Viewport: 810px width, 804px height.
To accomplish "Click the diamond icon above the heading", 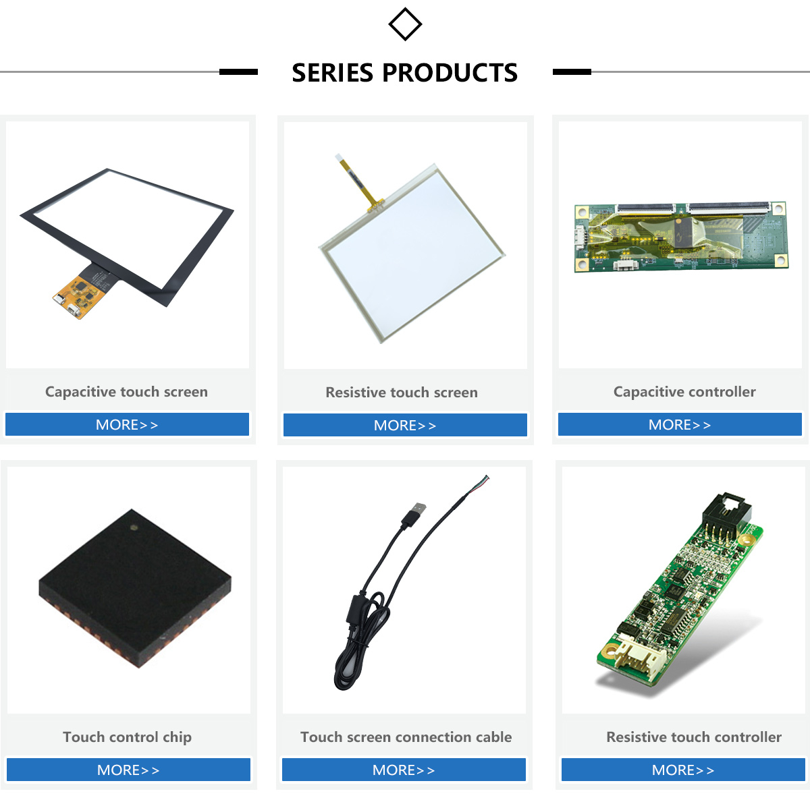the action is [405, 24].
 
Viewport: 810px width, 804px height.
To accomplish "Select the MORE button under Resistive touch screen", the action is [405, 426].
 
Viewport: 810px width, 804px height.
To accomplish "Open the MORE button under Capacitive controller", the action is [680, 425].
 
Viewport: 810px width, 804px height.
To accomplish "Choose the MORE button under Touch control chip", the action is [128, 770].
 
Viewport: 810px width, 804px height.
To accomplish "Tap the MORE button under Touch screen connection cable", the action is [404, 770].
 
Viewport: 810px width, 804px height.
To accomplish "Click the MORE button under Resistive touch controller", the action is [683, 770].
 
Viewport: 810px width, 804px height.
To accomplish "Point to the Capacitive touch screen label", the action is [126, 392].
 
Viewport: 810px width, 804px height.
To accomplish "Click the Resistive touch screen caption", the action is [402, 393].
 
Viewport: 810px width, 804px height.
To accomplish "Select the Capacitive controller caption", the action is [684, 392].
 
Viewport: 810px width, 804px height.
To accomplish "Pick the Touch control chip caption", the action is [127, 737].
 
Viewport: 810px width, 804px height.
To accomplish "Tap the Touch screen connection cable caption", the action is [406, 737].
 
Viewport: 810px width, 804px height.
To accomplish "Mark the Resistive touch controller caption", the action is [694, 737].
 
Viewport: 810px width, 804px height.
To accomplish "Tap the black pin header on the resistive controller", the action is [725, 516].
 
